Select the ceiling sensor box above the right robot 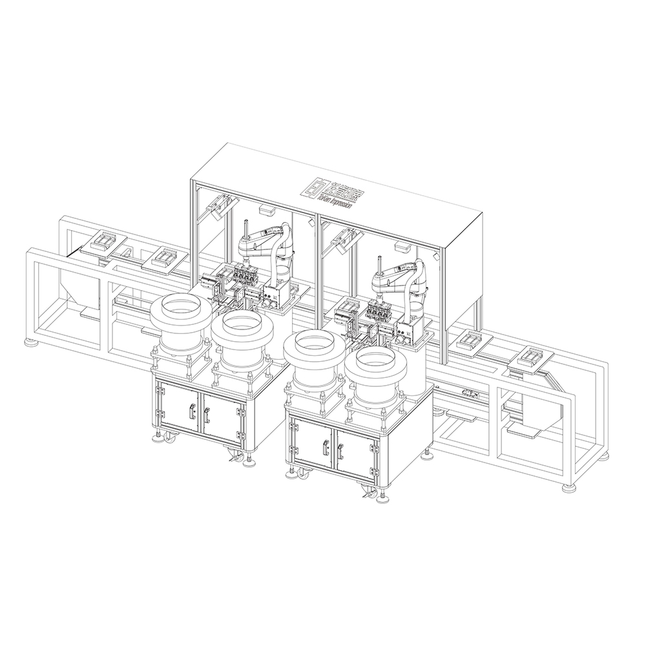coord(399,245)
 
